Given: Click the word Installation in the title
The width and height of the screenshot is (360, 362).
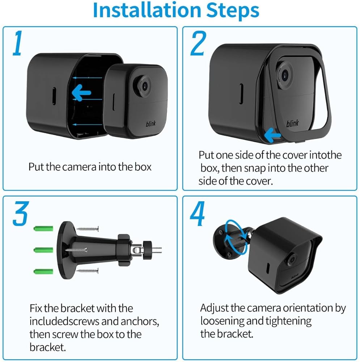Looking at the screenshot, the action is (x=147, y=10).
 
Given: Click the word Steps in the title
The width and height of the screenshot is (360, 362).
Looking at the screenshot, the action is (x=233, y=11).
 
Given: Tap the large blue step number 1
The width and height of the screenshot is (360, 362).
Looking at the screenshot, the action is (x=17, y=43).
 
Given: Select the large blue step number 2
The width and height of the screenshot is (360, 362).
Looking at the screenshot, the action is (x=198, y=43).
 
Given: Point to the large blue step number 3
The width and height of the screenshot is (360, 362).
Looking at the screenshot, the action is (x=21, y=213).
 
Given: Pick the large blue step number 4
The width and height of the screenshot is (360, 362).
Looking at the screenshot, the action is (x=198, y=214).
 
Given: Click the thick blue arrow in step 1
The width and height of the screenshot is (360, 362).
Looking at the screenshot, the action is (x=81, y=93).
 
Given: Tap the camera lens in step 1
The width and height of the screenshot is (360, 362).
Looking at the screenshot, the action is (x=144, y=85).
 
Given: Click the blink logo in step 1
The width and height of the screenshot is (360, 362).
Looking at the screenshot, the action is (x=151, y=124).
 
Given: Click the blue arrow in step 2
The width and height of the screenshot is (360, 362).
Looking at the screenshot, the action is (x=272, y=135).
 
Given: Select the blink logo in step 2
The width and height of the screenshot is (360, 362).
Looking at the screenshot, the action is (x=292, y=123).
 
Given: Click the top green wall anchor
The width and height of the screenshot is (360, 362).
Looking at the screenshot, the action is (x=43, y=229).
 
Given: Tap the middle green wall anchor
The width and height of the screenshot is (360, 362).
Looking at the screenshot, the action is (x=43, y=250).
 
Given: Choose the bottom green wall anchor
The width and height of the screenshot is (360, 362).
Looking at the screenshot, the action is (x=43, y=271).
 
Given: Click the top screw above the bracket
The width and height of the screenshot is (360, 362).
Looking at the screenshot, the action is (x=88, y=229).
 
